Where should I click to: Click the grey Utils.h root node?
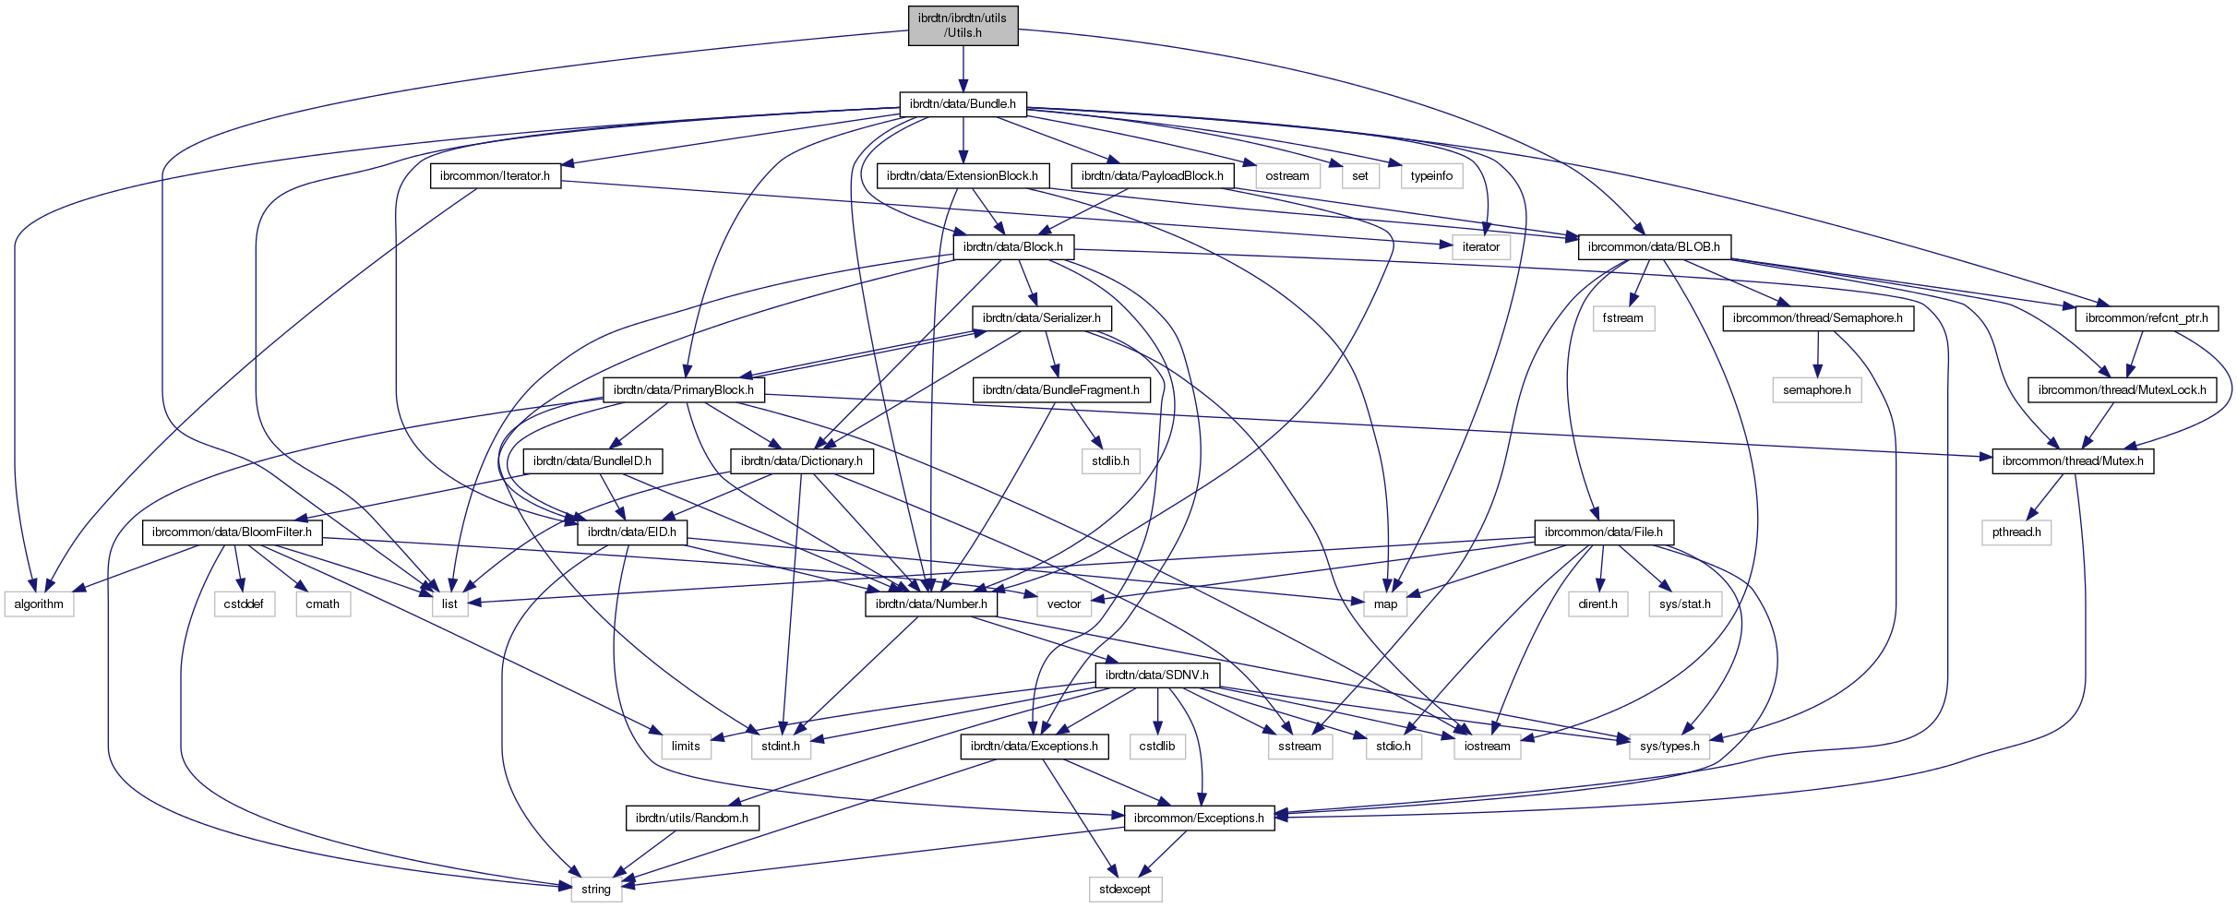pyautogui.click(x=963, y=25)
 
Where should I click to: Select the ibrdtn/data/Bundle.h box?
pyautogui.click(x=963, y=104)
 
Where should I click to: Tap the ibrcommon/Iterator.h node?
pyautogui.click(x=495, y=176)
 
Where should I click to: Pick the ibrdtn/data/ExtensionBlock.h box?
pyautogui.click(x=962, y=176)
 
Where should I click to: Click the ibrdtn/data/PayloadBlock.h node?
pyautogui.click(x=1152, y=176)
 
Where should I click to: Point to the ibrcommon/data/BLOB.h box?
pyautogui.click(x=1654, y=247)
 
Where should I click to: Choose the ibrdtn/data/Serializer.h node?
pyautogui.click(x=1041, y=318)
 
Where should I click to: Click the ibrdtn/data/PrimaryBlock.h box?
pyautogui.click(x=683, y=390)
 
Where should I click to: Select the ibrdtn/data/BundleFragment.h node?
pyautogui.click(x=1060, y=390)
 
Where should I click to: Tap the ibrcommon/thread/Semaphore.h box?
pyautogui.click(x=1817, y=318)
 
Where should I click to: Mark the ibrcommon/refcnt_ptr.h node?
pyautogui.click(x=2147, y=318)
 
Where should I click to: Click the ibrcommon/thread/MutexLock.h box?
pyautogui.click(x=2122, y=390)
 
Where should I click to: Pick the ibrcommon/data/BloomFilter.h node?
pyautogui.click(x=232, y=532)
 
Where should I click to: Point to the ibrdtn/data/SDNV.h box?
pyautogui.click(x=1156, y=675)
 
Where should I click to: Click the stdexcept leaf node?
pyautogui.click(x=1124, y=890)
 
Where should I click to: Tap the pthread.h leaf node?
pyautogui.click(x=2016, y=532)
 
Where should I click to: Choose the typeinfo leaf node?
pyautogui.click(x=1431, y=176)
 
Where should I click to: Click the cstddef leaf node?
pyautogui.click(x=244, y=604)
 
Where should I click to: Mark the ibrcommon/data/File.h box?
pyautogui.click(x=1603, y=532)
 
